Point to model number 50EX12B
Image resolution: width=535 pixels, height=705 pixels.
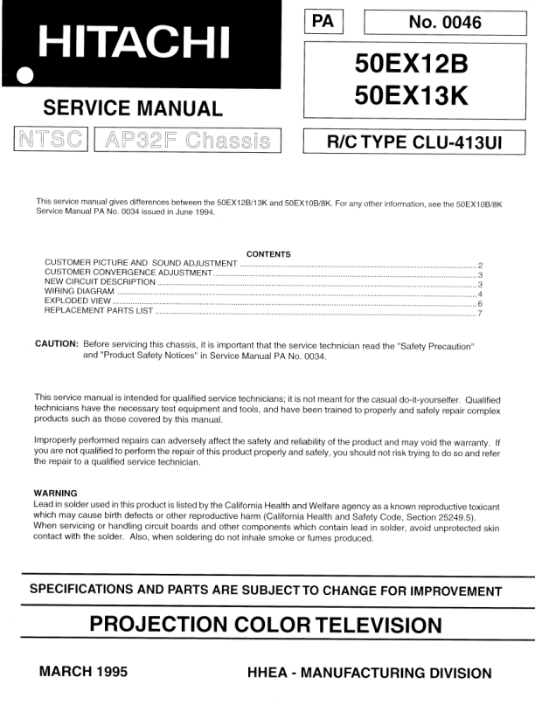(412, 64)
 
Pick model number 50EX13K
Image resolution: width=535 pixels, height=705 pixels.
(412, 96)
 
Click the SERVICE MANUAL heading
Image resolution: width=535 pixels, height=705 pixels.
(132, 109)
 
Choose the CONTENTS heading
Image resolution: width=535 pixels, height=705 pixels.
(268, 254)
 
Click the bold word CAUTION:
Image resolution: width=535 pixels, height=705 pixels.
(57, 345)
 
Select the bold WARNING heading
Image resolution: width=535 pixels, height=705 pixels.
(55, 494)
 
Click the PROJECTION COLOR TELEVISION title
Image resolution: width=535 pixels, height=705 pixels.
(267, 626)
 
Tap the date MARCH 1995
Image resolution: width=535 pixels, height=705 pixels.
(84, 673)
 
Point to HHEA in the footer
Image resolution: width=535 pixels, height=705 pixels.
(274, 674)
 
